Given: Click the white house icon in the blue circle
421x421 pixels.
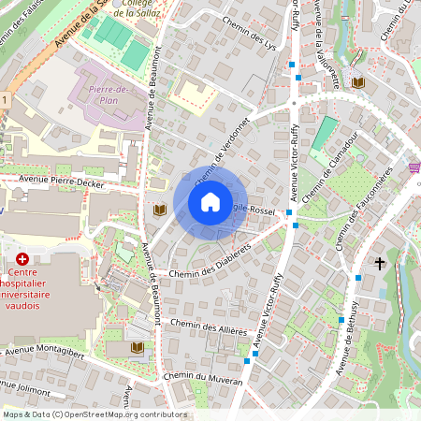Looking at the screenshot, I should click(x=210, y=202).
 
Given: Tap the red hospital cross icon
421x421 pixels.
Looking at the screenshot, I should click(x=22, y=258).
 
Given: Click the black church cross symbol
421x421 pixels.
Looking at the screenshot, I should click(x=379, y=265).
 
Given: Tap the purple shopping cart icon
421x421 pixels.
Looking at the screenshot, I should click(x=414, y=167).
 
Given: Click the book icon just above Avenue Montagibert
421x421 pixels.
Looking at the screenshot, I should click(x=138, y=348).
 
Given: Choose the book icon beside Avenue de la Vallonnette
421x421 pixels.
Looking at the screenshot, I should click(x=357, y=83).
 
